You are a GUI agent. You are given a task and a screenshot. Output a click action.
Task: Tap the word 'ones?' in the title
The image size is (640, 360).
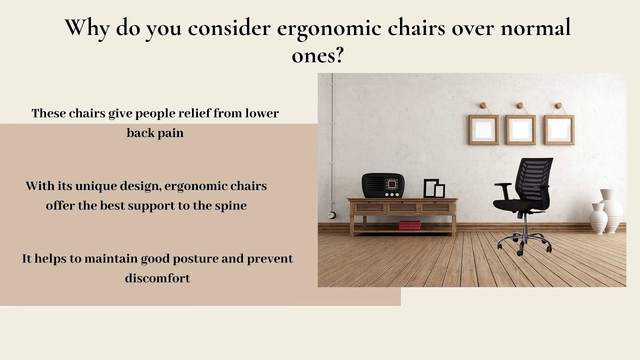[x=317, y=55]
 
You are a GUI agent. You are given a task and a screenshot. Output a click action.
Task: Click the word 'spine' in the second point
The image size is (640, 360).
[x=231, y=206]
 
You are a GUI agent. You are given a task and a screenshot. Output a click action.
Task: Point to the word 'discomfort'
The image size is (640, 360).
[x=157, y=278]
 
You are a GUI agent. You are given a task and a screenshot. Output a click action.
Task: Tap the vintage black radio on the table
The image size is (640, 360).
[x=383, y=185]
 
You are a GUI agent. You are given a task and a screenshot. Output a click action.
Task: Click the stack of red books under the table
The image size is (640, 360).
[x=409, y=225]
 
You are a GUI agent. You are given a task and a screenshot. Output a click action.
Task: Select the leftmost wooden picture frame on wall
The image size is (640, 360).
[x=483, y=129]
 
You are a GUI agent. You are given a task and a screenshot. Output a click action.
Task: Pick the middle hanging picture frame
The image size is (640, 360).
[x=520, y=129]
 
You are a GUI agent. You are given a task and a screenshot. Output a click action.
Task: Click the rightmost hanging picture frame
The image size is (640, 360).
[x=558, y=129]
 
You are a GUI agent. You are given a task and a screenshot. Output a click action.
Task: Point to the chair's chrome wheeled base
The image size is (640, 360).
[x=523, y=242]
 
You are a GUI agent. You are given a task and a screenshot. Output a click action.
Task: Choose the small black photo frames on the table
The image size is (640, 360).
[x=433, y=188]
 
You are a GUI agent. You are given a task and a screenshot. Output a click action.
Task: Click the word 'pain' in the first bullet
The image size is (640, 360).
[x=172, y=133]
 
